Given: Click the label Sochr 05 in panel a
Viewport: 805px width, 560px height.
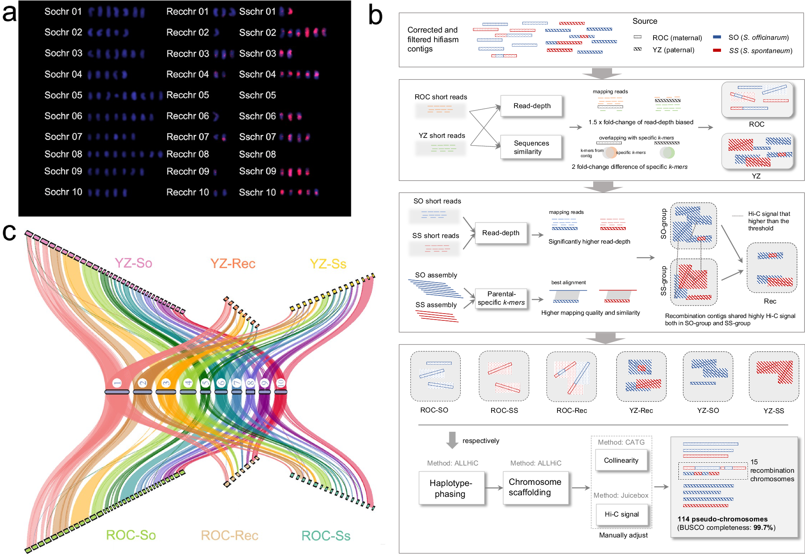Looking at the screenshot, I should click(63, 95).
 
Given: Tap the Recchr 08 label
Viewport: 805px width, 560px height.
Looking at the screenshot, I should click(187, 154).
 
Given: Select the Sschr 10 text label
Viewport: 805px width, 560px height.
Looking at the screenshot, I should click(257, 193).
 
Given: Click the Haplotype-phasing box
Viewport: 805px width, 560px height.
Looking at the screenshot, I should click(451, 488).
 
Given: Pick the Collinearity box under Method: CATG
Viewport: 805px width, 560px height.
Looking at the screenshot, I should click(621, 460).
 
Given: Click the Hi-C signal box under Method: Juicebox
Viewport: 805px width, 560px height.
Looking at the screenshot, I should click(621, 514).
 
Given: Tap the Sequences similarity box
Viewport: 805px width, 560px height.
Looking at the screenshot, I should click(531, 148).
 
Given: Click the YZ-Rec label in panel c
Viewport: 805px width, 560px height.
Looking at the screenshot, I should click(233, 264).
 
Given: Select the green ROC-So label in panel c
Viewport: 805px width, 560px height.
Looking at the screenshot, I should click(131, 535).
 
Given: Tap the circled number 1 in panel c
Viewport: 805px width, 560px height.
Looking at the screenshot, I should click(117, 383).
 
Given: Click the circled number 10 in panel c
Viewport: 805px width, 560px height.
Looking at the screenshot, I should click(281, 383).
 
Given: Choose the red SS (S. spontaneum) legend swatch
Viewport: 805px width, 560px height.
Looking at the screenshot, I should click(717, 51).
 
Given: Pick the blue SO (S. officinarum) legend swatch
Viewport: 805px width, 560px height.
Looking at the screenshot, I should click(717, 37).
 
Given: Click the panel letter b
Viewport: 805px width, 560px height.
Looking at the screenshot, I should click(375, 16).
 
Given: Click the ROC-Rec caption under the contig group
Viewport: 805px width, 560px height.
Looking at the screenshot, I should click(571, 410).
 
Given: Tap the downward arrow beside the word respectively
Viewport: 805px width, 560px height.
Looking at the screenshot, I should click(452, 440).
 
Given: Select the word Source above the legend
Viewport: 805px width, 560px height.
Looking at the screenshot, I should click(645, 21).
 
